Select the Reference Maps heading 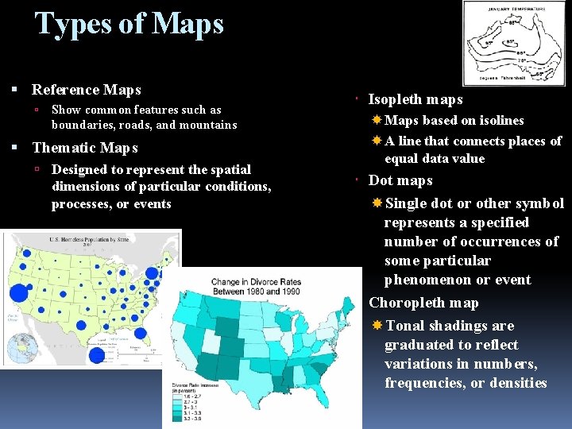tap(86, 90)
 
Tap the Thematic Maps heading tap(84, 148)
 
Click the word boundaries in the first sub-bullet tap(83, 125)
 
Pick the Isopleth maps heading tap(415, 99)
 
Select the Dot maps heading tap(400, 180)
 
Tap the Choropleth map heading tap(423, 303)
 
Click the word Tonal tap(404, 326)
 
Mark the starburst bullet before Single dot tap(377, 203)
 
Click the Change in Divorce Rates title tap(256, 287)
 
